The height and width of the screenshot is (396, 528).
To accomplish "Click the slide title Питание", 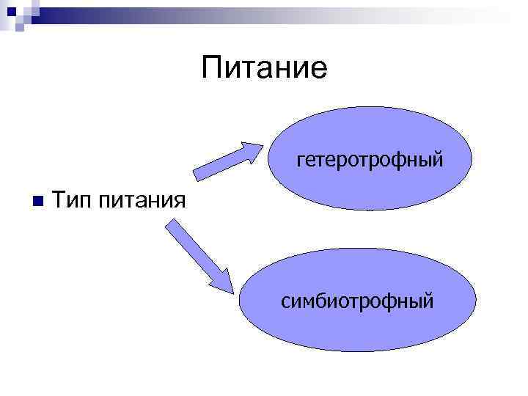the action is (x=264, y=68).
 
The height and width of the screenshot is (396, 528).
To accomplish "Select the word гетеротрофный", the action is (x=370, y=159).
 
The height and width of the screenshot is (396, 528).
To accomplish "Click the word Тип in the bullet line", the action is (x=71, y=199).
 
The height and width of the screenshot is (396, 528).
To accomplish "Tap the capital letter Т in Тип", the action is (x=60, y=199).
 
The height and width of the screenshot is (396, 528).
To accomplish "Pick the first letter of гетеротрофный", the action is (x=300, y=160).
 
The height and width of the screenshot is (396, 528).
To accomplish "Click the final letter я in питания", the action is (x=177, y=200).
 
